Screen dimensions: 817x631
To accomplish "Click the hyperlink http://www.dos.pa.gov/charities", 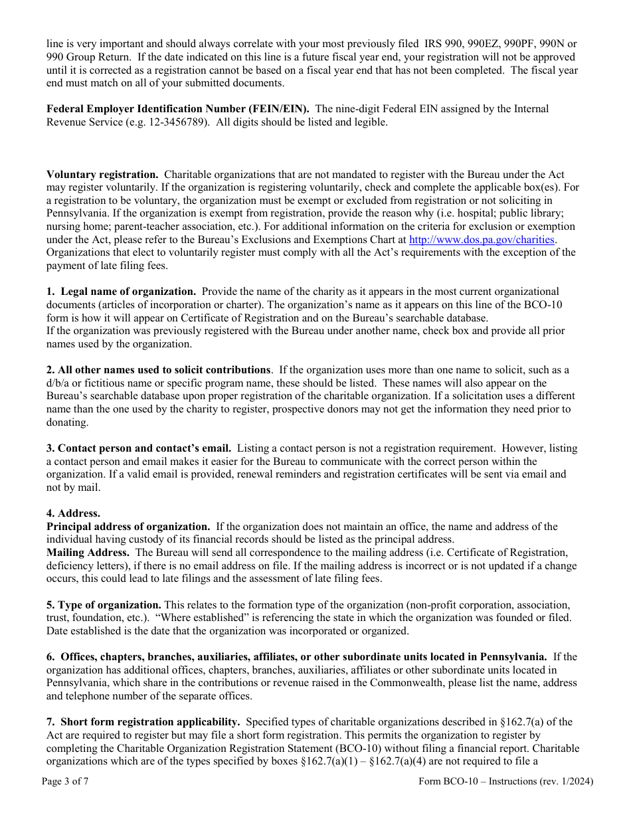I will (482, 240).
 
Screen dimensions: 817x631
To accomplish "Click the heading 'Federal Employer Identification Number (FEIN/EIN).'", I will (178, 109).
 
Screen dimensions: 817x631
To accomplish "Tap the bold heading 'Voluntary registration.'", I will (102, 175).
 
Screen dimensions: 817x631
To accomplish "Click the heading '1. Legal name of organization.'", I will (122, 292).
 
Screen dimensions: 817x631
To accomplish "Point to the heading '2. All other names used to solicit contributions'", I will (159, 370).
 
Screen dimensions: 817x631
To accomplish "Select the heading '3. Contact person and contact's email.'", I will (139, 448).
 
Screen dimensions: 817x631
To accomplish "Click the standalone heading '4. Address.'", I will (73, 513).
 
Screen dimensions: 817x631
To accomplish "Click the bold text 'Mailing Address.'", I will (88, 553).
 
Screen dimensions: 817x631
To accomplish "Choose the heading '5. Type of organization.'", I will (104, 605).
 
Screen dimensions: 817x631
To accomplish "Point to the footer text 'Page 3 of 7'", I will (65, 781).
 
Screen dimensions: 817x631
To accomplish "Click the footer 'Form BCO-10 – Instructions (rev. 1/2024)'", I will (505, 781).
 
